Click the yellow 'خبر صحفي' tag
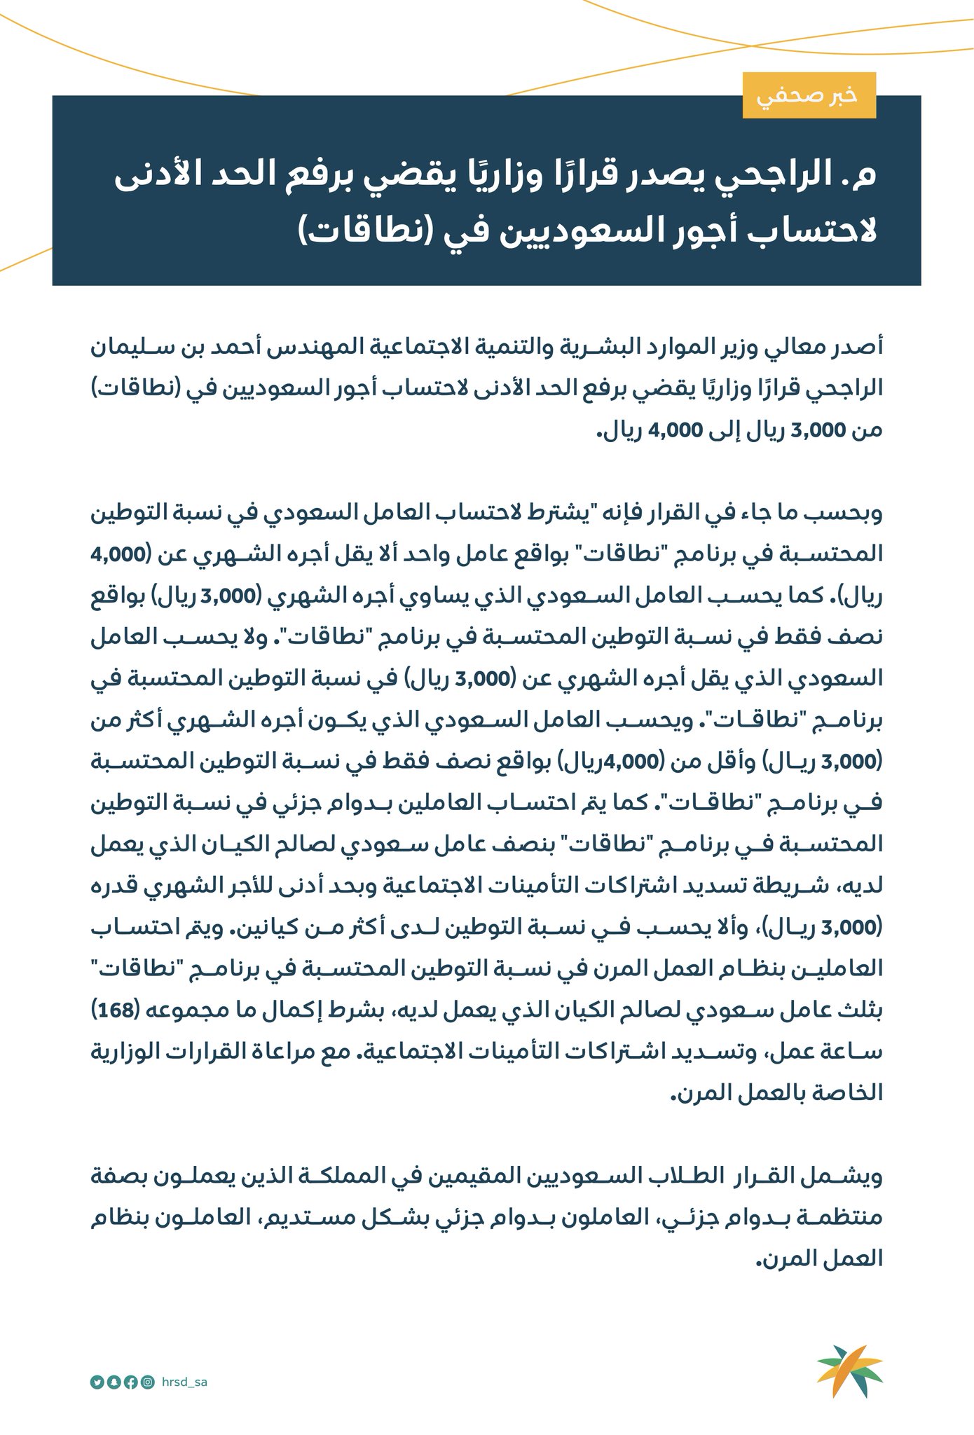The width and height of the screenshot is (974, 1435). coord(809,95)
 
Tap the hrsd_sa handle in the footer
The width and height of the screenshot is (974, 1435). coord(184,1382)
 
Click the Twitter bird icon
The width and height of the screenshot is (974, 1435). coord(97,1382)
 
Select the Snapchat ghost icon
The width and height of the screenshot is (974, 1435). coord(114,1382)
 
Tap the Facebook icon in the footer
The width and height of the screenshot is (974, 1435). coord(130,1382)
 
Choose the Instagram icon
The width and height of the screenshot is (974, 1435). coord(148,1382)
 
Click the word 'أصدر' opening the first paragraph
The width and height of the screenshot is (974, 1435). coord(856,346)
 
